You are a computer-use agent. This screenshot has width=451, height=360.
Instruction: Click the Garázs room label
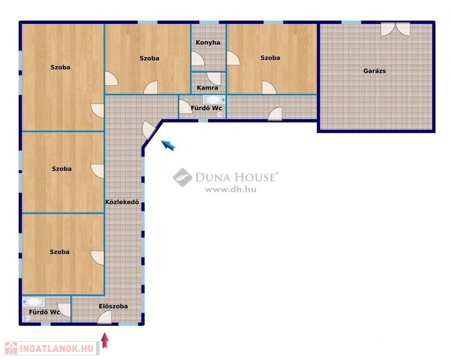point(375,71)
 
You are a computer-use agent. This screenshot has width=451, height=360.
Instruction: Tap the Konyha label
point(208,43)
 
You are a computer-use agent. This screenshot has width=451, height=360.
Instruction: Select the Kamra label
point(207,88)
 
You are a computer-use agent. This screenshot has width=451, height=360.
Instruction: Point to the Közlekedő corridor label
point(122,202)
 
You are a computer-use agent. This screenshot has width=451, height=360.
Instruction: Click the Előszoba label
point(113,306)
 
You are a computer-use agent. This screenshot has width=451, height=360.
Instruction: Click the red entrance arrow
point(105,340)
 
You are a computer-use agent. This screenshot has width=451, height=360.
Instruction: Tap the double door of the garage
point(395,30)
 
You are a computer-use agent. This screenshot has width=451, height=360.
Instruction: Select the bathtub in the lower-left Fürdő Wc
point(34,301)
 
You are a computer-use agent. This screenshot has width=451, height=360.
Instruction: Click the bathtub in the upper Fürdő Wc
point(214,100)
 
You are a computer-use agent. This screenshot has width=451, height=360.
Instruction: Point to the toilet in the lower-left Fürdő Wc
point(28,318)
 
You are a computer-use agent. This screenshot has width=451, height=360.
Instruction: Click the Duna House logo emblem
point(182,177)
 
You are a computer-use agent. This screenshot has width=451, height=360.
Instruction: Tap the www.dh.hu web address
point(231,189)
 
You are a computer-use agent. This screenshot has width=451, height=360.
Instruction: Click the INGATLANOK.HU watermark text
point(57,348)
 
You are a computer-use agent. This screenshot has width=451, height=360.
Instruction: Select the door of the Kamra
point(214,79)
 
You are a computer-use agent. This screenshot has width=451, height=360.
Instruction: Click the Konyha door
point(198,59)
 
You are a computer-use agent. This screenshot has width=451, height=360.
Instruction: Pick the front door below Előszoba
point(105,317)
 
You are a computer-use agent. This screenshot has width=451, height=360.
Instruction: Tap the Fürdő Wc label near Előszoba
point(44,312)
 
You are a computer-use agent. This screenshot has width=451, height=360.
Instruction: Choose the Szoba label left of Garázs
point(270,58)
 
